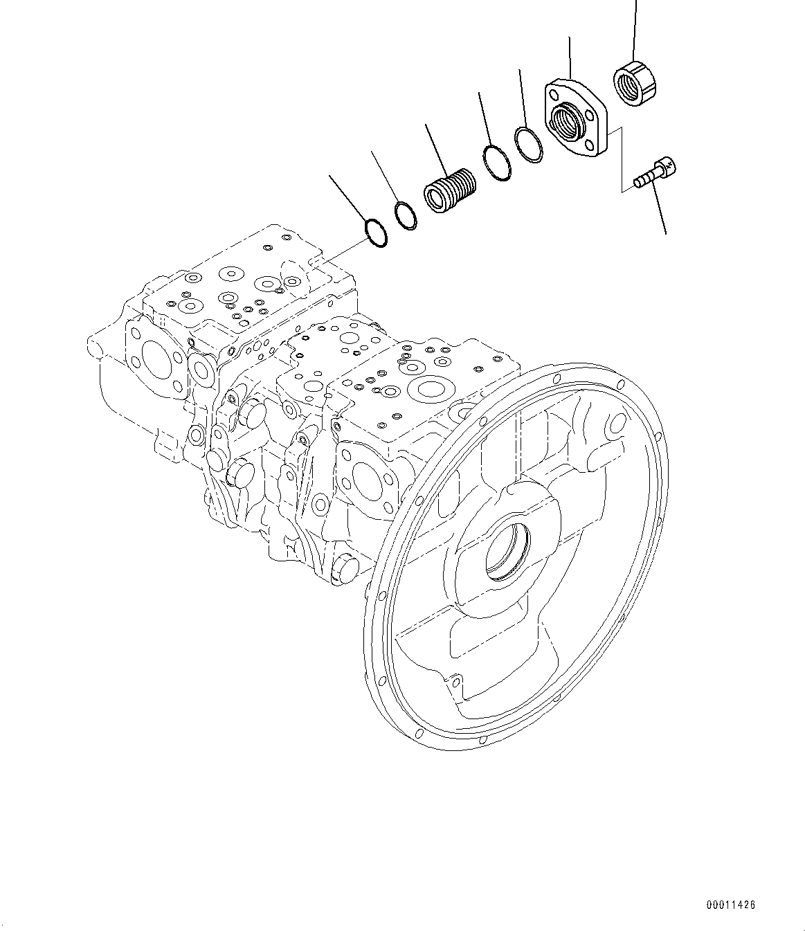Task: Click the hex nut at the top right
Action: [x=635, y=84]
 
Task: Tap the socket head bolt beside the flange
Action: [x=654, y=173]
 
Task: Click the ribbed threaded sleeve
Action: [x=450, y=191]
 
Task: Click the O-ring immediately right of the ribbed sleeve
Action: [x=498, y=163]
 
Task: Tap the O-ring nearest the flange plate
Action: [x=530, y=145]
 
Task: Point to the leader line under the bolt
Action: [x=658, y=211]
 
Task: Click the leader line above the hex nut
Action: [x=634, y=28]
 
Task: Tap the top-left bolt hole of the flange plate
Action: [x=554, y=93]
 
